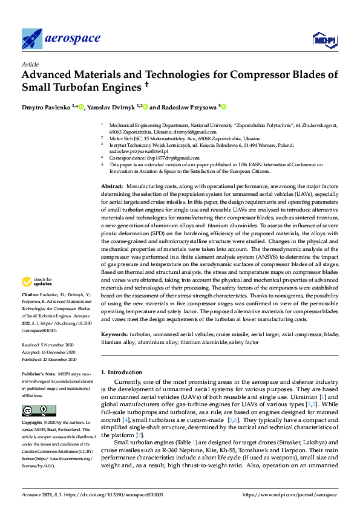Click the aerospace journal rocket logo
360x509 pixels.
click(32, 39)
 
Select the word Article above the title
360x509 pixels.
click(30, 64)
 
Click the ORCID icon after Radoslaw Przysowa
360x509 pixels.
click(224, 107)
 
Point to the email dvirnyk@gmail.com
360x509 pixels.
click(194, 132)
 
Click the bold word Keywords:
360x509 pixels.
click(114, 334)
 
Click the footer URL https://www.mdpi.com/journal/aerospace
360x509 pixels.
click(290, 494)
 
